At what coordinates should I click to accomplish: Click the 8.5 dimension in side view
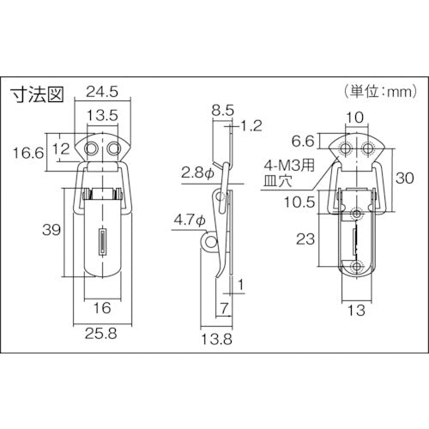[x=221, y=110]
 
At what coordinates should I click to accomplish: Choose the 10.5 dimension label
[x=297, y=202]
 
